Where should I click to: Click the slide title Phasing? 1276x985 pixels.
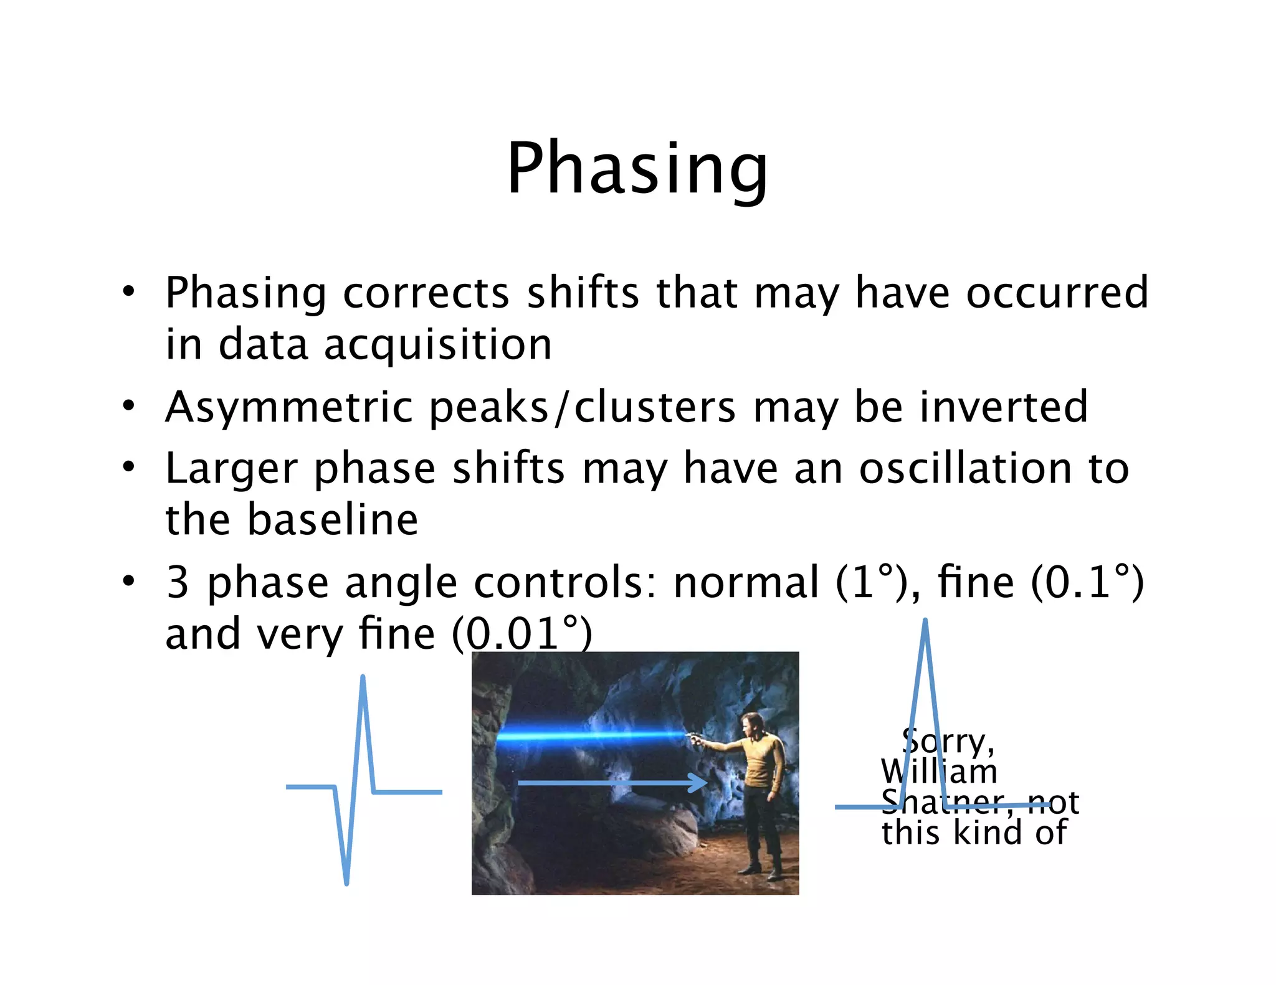coord(637,168)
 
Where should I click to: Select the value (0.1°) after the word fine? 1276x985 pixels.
coord(1087,582)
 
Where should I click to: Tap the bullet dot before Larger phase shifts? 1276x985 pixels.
coord(128,467)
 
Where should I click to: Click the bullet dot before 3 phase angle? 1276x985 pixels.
coord(128,581)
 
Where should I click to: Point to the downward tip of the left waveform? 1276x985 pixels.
coord(346,881)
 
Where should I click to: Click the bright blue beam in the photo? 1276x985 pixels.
coord(592,736)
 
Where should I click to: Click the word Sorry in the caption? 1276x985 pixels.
coord(947,741)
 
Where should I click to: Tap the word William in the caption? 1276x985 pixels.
coord(938,772)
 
